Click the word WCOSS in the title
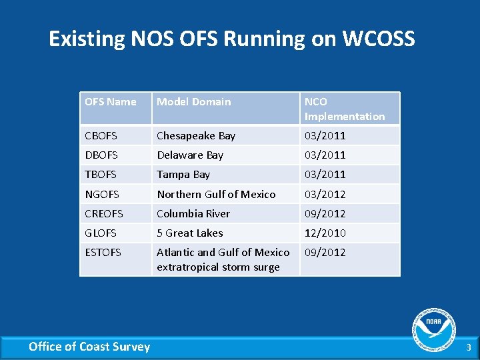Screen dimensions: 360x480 tap(378, 39)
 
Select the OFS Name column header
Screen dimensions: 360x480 tap(111, 102)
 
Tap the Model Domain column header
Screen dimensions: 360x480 tap(193, 102)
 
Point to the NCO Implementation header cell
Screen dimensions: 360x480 tap(345, 109)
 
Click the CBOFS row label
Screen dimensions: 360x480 tap(101, 136)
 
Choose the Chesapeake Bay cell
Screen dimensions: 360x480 tap(196, 136)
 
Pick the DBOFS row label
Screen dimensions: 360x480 tap(101, 155)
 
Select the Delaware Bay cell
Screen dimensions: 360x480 tap(190, 155)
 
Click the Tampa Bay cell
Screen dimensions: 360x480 tap(183, 175)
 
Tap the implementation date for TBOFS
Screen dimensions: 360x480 tap(325, 175)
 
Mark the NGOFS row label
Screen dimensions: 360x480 tap(101, 195)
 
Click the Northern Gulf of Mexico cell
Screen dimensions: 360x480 tap(216, 195)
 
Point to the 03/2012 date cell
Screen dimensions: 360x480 tap(325, 195)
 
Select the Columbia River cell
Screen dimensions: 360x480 tap(193, 214)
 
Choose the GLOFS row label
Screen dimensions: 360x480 tap(101, 233)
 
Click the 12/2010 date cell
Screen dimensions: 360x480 tap(325, 233)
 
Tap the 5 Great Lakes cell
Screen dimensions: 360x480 tap(190, 233)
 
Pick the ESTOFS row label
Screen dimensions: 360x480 tap(103, 253)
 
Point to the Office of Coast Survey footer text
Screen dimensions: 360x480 tap(89, 347)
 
